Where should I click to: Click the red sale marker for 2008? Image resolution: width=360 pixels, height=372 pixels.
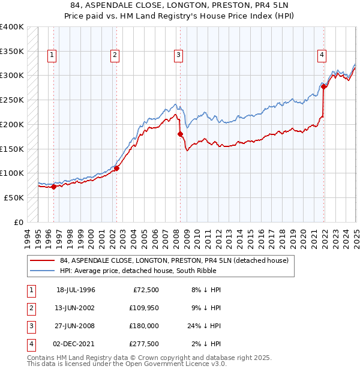pyautogui.click(x=180, y=134)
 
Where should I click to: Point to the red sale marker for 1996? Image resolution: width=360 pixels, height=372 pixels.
pyautogui.click(x=53, y=187)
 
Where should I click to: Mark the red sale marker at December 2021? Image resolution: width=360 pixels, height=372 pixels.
pyautogui.click(x=323, y=87)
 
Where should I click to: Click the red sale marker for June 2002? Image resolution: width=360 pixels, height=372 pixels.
pyautogui.click(x=116, y=169)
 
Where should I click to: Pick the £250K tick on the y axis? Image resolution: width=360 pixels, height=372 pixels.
pyautogui.click(x=12, y=100)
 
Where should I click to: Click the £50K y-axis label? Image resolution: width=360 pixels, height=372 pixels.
pyautogui.click(x=14, y=197)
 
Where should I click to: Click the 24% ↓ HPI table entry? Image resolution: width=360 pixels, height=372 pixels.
pyautogui.click(x=208, y=326)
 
